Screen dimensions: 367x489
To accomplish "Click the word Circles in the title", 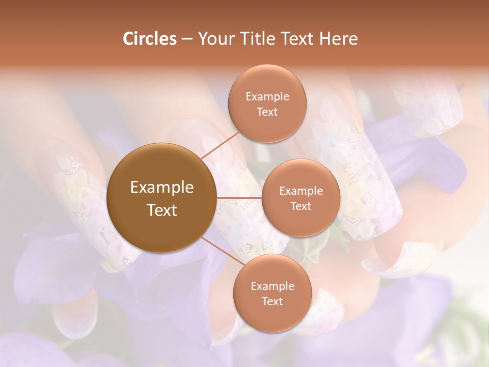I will pos(149,39).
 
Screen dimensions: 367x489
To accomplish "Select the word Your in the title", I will pos(215,39).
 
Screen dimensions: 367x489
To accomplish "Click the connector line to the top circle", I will pos(220,145).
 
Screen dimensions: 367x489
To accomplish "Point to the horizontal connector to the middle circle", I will pos(239,198).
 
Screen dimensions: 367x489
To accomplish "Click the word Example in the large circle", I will pos(162,188).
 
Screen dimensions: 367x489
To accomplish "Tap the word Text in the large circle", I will pos(162,210).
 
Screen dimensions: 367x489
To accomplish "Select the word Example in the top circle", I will pos(267,97).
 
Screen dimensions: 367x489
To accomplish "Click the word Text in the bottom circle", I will pos(272,301).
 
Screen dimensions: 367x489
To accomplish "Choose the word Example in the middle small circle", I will pos(301,191).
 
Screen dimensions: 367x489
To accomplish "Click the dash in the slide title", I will pos(187,39).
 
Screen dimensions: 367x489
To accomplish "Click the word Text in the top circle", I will pos(267,112).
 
